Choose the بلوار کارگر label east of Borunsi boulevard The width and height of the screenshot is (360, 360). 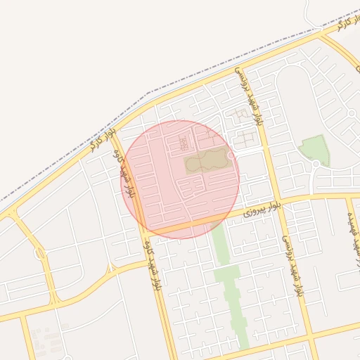pyautogui.click(x=333, y=27)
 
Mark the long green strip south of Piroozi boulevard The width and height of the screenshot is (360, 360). pyautogui.click(x=228, y=281)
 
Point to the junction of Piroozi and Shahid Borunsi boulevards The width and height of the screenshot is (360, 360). pyautogui.click(x=277, y=200)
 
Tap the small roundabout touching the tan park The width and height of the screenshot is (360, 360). pyautogui.click(x=232, y=155)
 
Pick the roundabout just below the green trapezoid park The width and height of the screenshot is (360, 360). pyautogui.click(x=316, y=165)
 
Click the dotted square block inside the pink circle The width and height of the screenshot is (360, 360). pyautogui.click(x=184, y=143)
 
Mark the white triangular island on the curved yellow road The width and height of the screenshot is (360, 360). pyautogui.click(x=110, y=269)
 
